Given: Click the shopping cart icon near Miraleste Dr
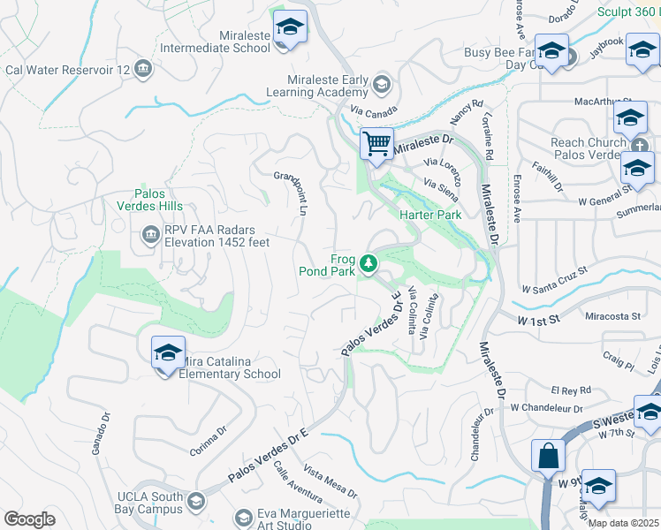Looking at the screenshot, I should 377,143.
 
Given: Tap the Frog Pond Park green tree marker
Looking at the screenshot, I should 368,263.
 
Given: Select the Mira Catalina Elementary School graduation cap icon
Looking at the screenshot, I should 168,353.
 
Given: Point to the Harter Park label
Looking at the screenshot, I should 430,215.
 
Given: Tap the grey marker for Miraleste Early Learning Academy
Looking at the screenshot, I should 382,85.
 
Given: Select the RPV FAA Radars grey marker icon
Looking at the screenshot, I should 148,235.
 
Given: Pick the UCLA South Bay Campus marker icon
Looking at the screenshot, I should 195,503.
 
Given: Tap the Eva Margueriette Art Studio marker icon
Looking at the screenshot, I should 244,517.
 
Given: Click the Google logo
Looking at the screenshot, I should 29,519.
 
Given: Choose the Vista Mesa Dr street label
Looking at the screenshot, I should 330,481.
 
